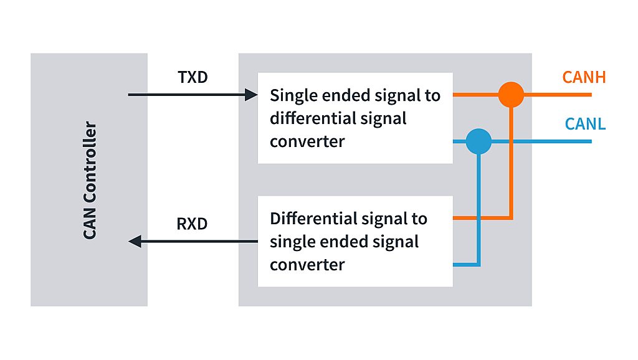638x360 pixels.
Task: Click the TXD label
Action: point(193,78)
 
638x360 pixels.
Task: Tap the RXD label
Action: point(192,224)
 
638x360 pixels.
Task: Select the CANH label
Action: point(584,78)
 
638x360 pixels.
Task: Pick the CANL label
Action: point(585,123)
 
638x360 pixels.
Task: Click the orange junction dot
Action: point(511,95)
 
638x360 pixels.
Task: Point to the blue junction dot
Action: point(478,141)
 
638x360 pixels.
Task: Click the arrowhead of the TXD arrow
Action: point(252,95)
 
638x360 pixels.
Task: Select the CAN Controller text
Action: point(90,180)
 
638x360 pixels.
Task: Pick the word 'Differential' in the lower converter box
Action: point(306,219)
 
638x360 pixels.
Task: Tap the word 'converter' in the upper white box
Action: point(307,141)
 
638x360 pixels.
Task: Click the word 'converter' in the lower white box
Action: point(307,265)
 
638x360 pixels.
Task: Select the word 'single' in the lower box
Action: point(290,242)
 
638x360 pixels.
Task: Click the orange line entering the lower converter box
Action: point(474,219)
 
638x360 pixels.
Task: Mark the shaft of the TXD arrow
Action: point(187,95)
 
